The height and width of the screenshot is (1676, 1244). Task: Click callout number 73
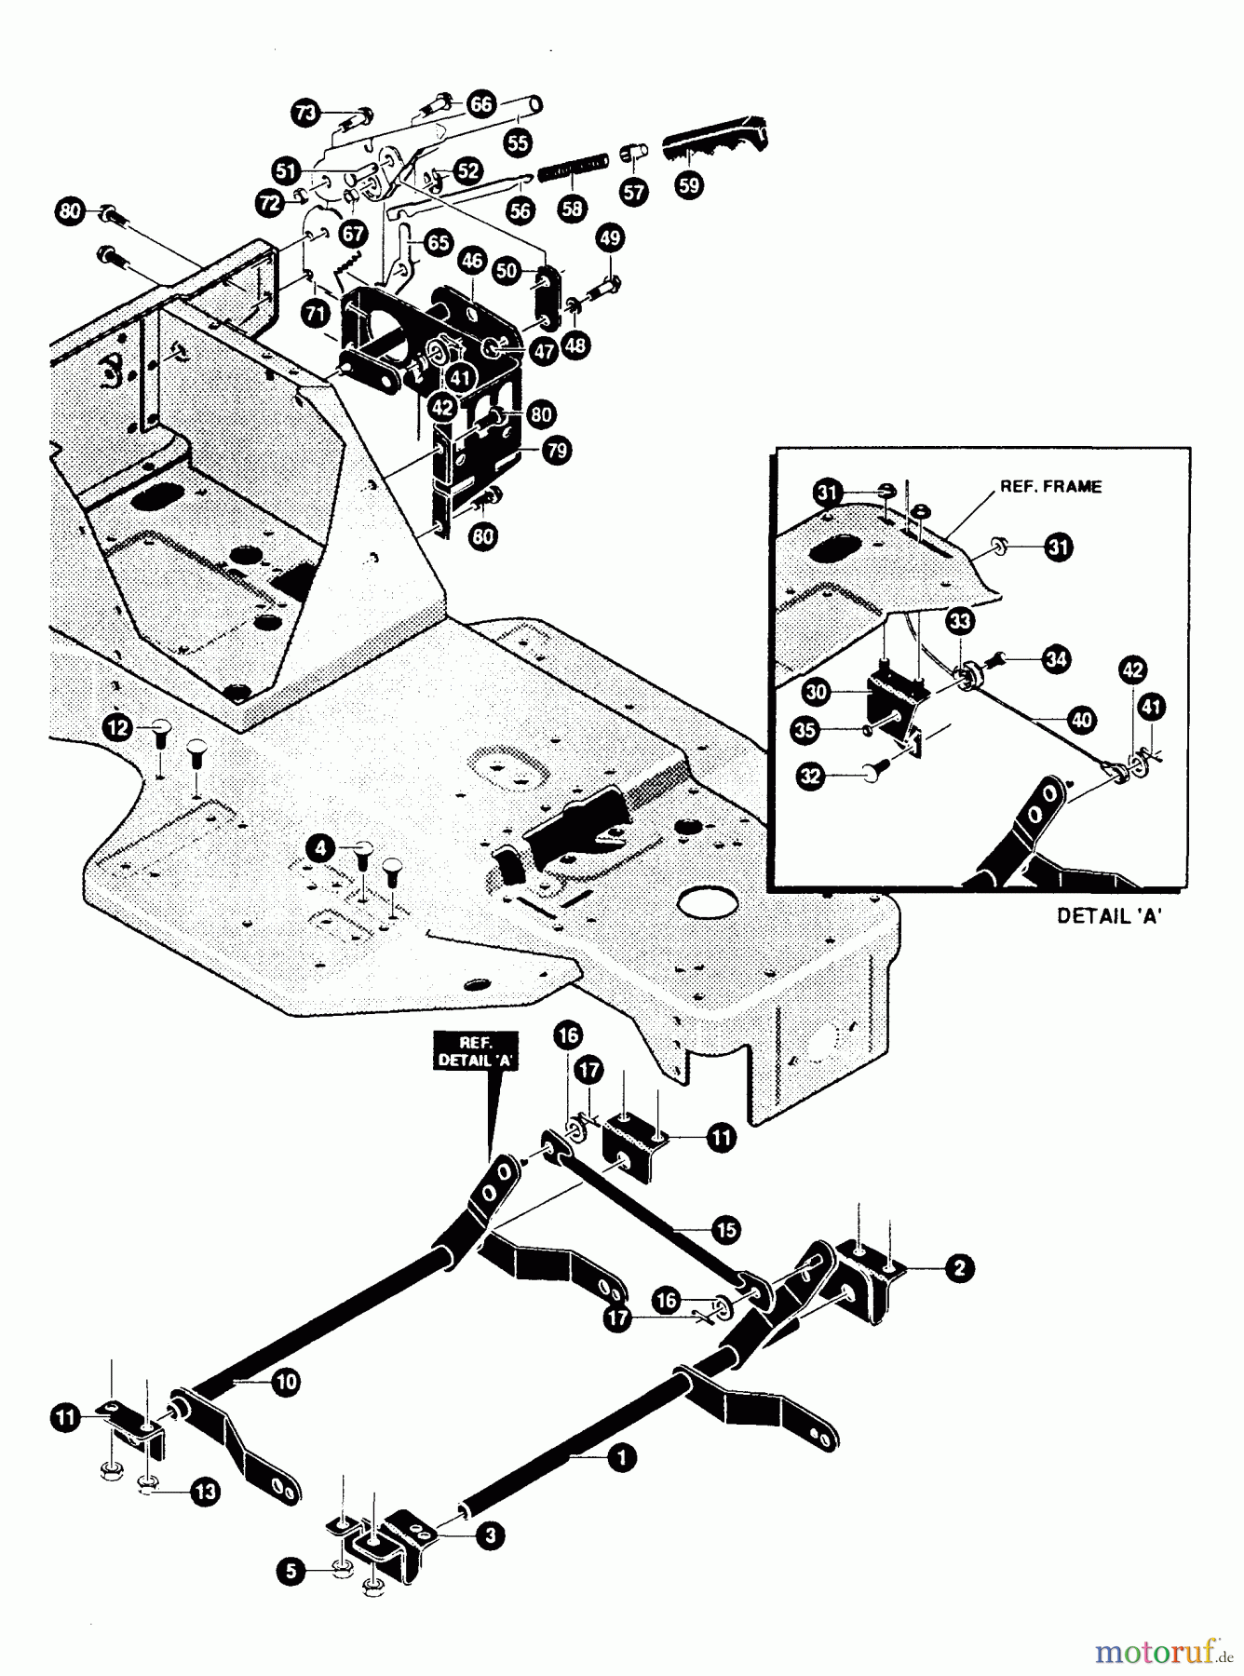(x=304, y=114)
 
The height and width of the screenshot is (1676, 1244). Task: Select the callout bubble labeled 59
(x=688, y=185)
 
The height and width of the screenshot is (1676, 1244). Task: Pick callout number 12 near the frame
(x=117, y=726)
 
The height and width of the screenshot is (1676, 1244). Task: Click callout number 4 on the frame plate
(x=320, y=848)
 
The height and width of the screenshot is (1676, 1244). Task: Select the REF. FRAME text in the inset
(x=1050, y=486)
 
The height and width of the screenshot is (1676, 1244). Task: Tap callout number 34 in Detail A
(x=1056, y=660)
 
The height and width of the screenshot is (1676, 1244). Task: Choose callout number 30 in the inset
(x=817, y=693)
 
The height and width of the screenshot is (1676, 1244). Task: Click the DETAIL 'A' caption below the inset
(x=1110, y=915)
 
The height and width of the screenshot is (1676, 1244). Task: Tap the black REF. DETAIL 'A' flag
(x=475, y=1051)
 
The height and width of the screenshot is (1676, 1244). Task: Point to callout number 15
(x=725, y=1229)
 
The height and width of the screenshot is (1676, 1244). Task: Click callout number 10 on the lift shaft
(x=286, y=1382)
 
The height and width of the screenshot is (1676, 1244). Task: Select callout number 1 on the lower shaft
(x=621, y=1457)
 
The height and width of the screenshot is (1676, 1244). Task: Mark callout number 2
(x=958, y=1267)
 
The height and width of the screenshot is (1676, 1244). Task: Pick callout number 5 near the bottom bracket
(x=291, y=1573)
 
